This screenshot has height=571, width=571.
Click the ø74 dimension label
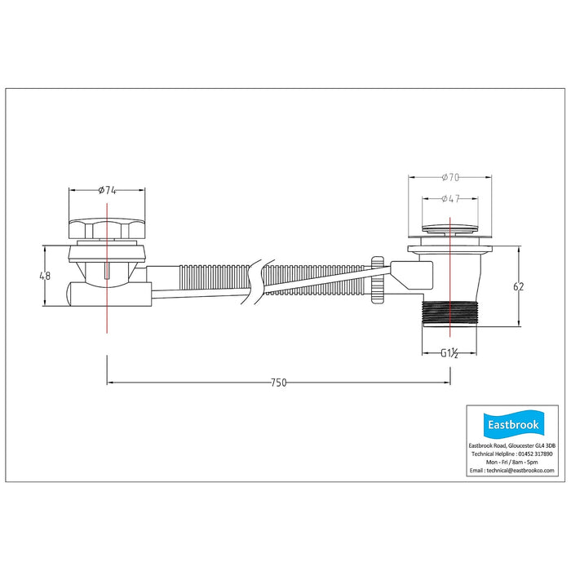pos(107,190)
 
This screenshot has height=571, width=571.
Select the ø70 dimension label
pos(450,177)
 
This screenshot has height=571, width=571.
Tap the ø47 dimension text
pos(450,198)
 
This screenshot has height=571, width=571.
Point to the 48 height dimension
pos(45,276)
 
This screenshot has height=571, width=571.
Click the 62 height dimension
pos(518,286)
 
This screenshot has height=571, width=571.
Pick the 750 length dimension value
pos(279,383)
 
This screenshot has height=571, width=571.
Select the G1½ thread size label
pos(449,353)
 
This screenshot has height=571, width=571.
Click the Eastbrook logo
pos(513,424)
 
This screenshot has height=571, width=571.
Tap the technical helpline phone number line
pos(512,454)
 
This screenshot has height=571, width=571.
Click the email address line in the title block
pos(512,470)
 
